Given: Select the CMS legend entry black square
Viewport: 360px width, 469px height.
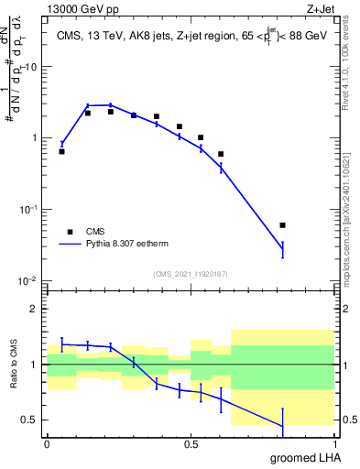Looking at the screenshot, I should [x=70, y=232].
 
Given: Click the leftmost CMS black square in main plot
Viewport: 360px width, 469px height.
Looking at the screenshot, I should [x=61, y=151].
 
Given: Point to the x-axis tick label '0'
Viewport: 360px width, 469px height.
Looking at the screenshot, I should [x=47, y=444].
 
